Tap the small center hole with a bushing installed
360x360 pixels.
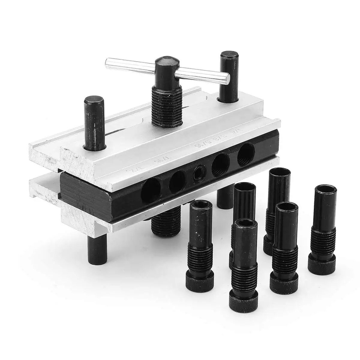(199, 173)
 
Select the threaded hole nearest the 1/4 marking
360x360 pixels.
(246, 154)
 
